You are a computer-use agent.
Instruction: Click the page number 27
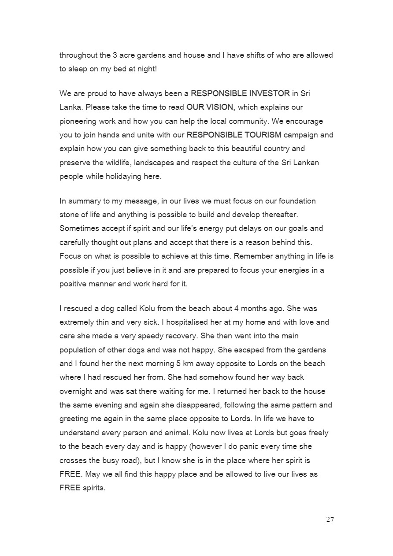click(x=330, y=519)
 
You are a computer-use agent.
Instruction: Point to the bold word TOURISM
click(x=259, y=134)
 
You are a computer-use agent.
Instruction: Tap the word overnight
click(x=76, y=391)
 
